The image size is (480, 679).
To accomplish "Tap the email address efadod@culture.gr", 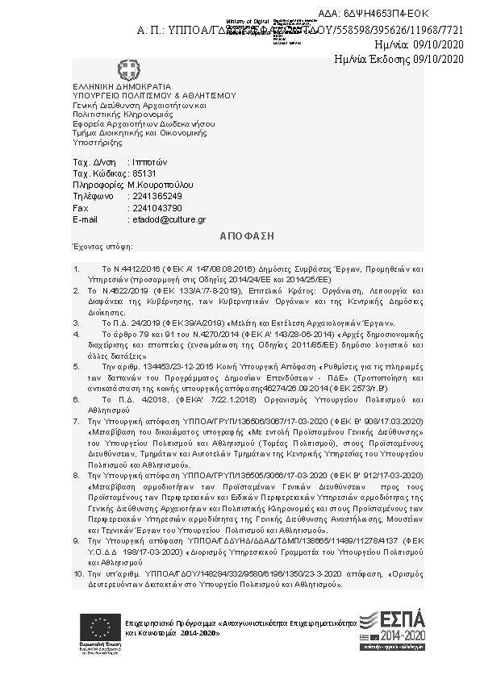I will click(167, 219).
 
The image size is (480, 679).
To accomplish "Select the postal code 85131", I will click(144, 173).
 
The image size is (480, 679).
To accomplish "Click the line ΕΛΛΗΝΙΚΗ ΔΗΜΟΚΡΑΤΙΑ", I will click(111, 86).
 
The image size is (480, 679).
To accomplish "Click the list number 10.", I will click(78, 573).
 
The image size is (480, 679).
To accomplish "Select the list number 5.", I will click(76, 365).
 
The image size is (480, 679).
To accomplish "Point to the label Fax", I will click(79, 207).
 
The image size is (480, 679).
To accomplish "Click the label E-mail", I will click(85, 219).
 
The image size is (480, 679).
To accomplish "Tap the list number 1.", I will click(76, 266).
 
